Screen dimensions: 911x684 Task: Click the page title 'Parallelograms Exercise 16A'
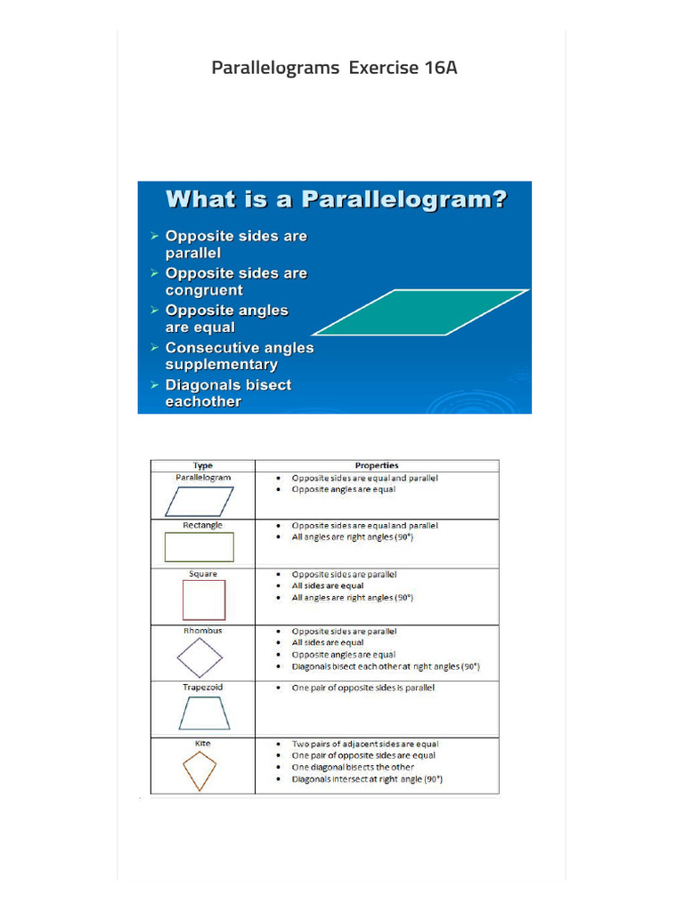(x=334, y=68)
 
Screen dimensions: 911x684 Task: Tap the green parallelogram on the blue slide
(x=421, y=312)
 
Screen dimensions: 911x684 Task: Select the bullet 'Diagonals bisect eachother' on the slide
(x=228, y=393)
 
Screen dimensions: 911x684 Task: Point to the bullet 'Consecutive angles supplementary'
(x=239, y=356)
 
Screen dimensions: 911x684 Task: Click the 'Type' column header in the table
(x=203, y=465)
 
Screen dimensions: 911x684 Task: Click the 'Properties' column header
(x=377, y=465)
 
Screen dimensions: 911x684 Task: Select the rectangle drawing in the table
(x=199, y=547)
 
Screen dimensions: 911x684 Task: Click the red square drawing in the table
(x=204, y=600)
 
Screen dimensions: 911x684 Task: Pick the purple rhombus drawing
(x=199, y=657)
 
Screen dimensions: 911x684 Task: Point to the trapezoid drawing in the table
(x=204, y=713)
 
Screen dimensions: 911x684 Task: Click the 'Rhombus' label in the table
(x=203, y=631)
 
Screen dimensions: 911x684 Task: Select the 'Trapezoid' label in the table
(x=203, y=688)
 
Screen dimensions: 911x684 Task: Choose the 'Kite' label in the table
(x=203, y=744)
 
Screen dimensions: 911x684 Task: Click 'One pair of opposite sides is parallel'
(x=363, y=688)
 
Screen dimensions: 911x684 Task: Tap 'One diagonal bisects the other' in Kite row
(x=353, y=767)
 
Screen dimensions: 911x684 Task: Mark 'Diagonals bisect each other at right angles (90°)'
(x=386, y=666)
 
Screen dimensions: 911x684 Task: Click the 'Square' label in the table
(x=203, y=575)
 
